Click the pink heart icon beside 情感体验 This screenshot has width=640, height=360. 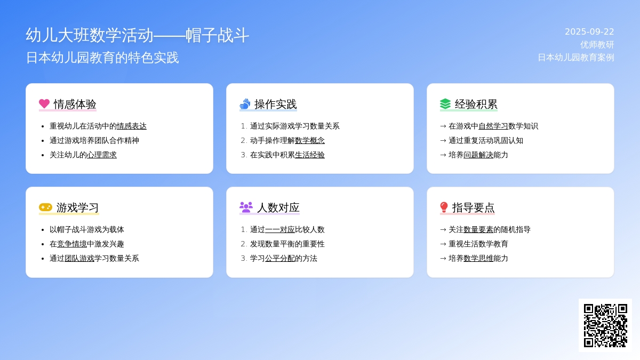(44, 103)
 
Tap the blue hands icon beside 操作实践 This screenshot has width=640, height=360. (245, 103)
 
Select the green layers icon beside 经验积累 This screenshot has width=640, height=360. (445, 103)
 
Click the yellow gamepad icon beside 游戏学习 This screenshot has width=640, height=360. (45, 207)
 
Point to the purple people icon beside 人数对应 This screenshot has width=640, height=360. (246, 207)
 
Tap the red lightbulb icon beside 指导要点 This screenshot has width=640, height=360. (444, 207)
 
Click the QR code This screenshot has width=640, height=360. (605, 325)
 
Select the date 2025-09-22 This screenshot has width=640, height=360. (589, 31)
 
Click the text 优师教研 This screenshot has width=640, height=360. (597, 45)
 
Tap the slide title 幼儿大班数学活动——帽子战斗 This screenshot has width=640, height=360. (137, 35)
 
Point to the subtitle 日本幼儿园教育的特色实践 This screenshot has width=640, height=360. (102, 58)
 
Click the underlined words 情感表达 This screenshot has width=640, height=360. (132, 126)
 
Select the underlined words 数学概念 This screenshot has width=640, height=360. (310, 140)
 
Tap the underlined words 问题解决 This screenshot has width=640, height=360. (478, 155)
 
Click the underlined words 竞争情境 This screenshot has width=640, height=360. (72, 244)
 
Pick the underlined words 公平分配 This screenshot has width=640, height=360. (280, 258)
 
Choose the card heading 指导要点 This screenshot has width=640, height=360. (473, 207)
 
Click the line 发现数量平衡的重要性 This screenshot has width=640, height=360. (287, 244)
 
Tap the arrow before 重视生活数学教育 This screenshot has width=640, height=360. (443, 244)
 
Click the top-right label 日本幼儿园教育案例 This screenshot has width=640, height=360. (576, 58)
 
